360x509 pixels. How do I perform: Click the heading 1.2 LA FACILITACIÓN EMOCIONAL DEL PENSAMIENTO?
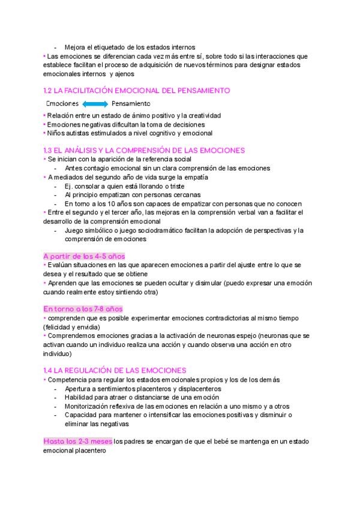[137, 91]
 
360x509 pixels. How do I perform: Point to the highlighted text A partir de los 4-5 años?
[84, 256]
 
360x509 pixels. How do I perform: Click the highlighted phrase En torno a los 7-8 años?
[83, 309]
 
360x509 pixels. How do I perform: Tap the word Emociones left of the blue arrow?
[63, 103]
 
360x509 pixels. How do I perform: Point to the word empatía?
[194, 177]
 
